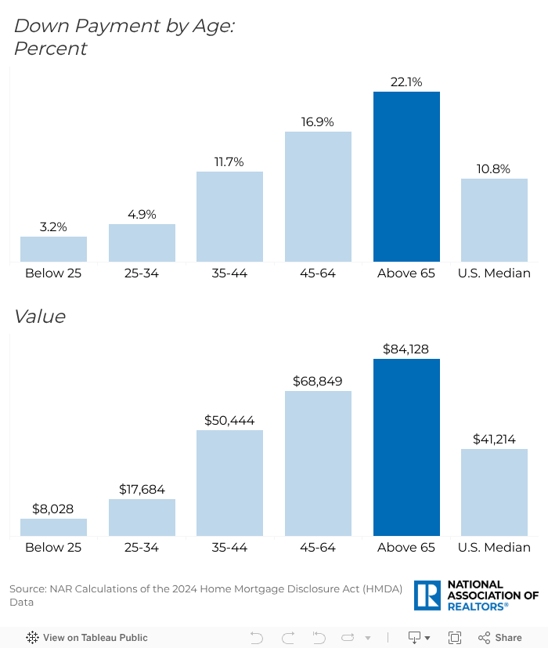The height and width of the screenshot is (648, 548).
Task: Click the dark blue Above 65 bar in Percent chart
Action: click(406, 176)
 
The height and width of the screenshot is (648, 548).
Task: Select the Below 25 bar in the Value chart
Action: click(53, 527)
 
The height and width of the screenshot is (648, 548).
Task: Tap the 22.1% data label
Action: click(406, 82)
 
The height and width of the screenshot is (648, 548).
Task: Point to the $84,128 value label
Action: click(406, 349)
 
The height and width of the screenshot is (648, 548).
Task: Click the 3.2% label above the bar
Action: click(53, 227)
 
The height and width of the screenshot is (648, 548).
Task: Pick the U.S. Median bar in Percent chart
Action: click(494, 220)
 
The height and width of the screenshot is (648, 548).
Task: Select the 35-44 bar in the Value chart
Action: click(229, 483)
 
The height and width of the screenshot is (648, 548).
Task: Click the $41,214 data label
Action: click(494, 440)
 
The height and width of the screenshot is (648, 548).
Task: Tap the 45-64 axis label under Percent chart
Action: click(318, 273)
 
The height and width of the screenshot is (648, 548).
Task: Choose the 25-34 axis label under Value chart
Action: click(142, 547)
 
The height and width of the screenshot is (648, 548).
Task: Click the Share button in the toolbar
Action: click(500, 638)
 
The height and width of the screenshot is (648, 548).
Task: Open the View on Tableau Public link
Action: click(87, 638)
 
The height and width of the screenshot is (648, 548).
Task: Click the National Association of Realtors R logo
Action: click(428, 596)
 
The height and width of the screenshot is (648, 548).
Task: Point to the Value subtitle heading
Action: click(39, 317)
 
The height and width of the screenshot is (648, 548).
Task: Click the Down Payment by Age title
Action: click(124, 26)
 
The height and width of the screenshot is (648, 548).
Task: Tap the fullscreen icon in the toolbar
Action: click(454, 638)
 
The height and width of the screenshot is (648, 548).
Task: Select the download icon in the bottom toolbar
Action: click(415, 638)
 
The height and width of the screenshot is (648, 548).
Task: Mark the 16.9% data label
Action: click(318, 122)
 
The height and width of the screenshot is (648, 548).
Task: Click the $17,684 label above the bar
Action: click(142, 490)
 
